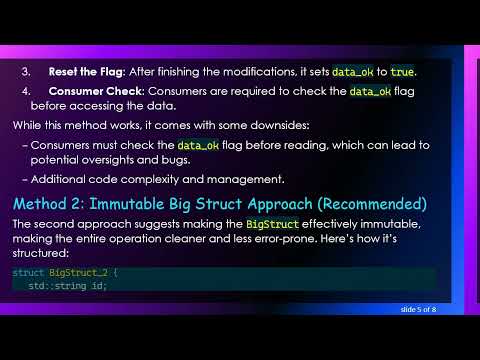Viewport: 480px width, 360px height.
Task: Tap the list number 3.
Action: [x=25, y=72]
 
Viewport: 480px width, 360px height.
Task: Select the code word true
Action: [x=401, y=72]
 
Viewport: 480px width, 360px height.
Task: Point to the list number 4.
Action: [x=25, y=92]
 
